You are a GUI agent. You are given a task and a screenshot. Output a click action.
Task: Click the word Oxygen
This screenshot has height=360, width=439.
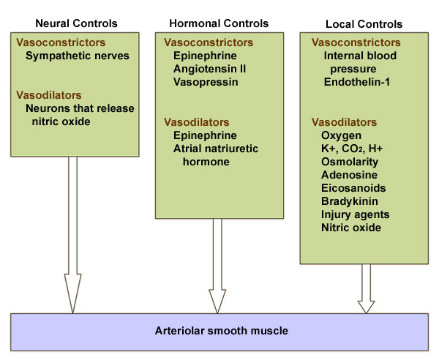click(x=340, y=135)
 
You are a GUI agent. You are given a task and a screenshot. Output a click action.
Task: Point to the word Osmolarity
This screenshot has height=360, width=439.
click(x=350, y=161)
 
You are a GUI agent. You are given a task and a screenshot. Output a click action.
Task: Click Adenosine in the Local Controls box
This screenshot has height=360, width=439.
click(x=348, y=174)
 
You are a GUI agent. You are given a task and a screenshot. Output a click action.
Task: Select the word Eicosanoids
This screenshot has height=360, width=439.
click(x=353, y=188)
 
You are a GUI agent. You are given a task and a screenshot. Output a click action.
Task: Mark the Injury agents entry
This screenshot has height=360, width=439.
click(x=355, y=214)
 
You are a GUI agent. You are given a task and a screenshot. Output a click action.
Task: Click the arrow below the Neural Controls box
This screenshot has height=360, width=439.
click(x=72, y=234)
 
